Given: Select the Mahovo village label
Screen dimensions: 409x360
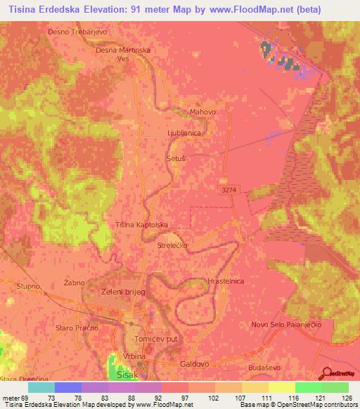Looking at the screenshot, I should (202, 112).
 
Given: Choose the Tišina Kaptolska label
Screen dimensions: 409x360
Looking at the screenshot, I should (141, 225).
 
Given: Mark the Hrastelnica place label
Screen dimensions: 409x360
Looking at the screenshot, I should (226, 280).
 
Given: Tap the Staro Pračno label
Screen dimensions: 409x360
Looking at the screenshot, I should (75, 328).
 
